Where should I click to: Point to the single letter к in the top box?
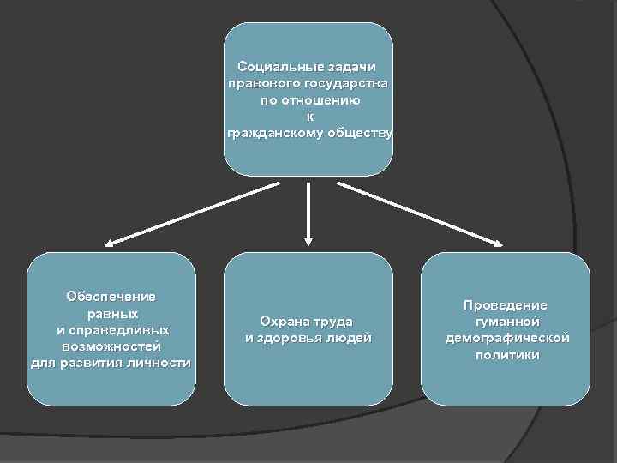(309, 117)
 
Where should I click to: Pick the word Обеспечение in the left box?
(111, 297)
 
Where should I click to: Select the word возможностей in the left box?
(111, 346)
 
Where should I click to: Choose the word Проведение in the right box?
(506, 305)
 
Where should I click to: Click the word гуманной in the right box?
(506, 322)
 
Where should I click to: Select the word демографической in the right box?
(506, 338)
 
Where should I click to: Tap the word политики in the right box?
(507, 354)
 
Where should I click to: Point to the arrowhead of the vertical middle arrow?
(308, 240)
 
